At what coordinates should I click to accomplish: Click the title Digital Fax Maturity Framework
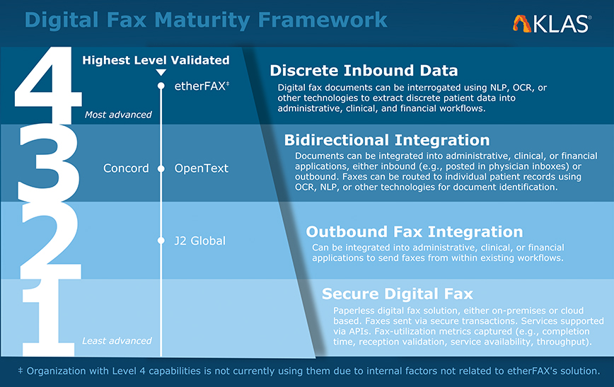(206, 20)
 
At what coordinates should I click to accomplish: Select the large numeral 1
(48, 317)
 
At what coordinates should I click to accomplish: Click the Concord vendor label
(126, 168)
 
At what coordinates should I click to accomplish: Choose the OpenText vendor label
(202, 168)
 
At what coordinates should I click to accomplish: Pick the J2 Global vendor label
(199, 241)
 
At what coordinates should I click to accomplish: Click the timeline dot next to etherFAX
(161, 86)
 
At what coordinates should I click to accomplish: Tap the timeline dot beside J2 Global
(161, 241)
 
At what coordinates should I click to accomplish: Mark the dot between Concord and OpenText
(161, 169)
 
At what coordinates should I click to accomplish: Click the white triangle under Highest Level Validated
(161, 72)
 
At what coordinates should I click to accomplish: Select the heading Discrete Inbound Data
(364, 71)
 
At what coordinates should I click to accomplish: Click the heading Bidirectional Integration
(387, 140)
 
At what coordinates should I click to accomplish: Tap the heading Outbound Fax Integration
(415, 232)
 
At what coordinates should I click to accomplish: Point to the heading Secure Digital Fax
(398, 294)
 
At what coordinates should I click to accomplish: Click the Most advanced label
(118, 115)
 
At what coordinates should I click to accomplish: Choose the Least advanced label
(117, 341)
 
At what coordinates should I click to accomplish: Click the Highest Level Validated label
(156, 60)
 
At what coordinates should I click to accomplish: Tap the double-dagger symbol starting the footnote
(21, 370)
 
